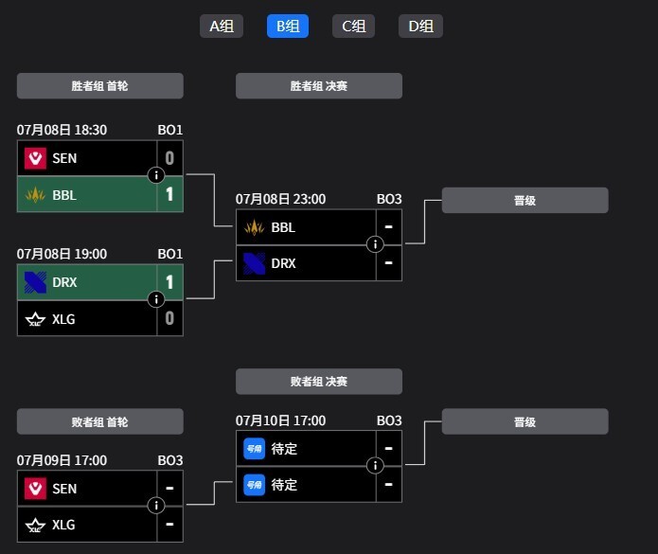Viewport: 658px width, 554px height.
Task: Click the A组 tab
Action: pos(222,26)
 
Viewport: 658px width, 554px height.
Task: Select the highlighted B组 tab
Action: pos(288,26)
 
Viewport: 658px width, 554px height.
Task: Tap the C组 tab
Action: pos(353,26)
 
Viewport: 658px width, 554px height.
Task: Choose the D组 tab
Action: pos(420,26)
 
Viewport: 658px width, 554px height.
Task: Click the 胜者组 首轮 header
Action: pos(99,86)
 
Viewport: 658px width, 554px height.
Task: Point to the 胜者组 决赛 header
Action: pos(319,86)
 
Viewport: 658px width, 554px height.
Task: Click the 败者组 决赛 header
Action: pos(319,382)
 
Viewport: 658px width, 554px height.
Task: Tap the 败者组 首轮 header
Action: pos(99,421)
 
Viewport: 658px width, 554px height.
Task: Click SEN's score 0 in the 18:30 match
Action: pos(169,158)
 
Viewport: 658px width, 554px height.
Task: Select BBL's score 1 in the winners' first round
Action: pos(169,194)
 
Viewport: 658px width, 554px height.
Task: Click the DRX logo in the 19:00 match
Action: pos(35,282)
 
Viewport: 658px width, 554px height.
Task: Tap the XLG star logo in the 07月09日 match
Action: pos(35,525)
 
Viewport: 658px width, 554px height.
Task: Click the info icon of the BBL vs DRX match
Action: pos(375,244)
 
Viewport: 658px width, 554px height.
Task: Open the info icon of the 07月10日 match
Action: pos(375,465)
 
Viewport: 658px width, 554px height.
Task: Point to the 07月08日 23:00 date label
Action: pos(280,199)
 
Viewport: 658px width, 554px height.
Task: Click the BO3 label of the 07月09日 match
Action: pos(170,460)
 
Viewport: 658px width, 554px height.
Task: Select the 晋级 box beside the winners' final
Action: pos(525,200)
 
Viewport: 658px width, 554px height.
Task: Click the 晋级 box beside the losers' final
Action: pos(525,421)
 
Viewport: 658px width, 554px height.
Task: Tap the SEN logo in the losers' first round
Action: pos(35,489)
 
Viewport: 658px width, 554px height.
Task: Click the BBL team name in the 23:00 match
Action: pos(283,227)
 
